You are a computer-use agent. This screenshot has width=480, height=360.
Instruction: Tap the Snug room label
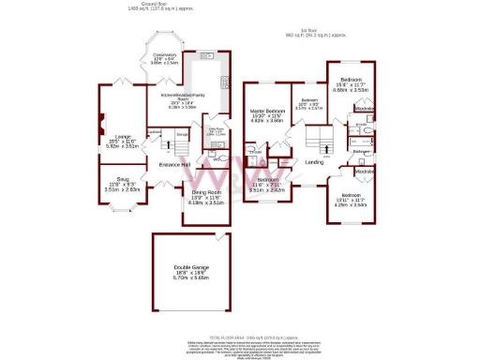coord(122,177)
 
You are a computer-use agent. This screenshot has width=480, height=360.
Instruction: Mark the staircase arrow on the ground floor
coord(181,144)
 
